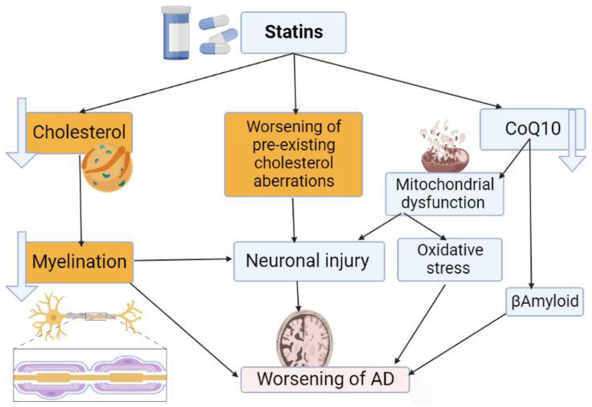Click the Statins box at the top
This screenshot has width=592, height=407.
(293, 33)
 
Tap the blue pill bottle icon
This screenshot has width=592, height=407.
(176, 33)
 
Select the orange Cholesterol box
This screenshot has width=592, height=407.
(79, 132)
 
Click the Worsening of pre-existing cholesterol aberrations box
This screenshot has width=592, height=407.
(293, 154)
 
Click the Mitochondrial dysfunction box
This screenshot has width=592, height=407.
(445, 194)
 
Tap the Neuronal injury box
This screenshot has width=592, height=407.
(309, 261)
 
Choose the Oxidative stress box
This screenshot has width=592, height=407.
(450, 259)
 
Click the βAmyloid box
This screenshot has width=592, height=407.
(544, 302)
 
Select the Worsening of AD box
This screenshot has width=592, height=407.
(325, 379)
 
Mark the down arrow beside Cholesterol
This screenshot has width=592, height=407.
(22, 135)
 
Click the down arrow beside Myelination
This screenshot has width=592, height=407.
(22, 268)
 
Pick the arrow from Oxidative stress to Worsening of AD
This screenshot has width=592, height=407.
(420, 324)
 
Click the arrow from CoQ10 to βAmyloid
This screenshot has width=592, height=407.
(531, 217)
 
